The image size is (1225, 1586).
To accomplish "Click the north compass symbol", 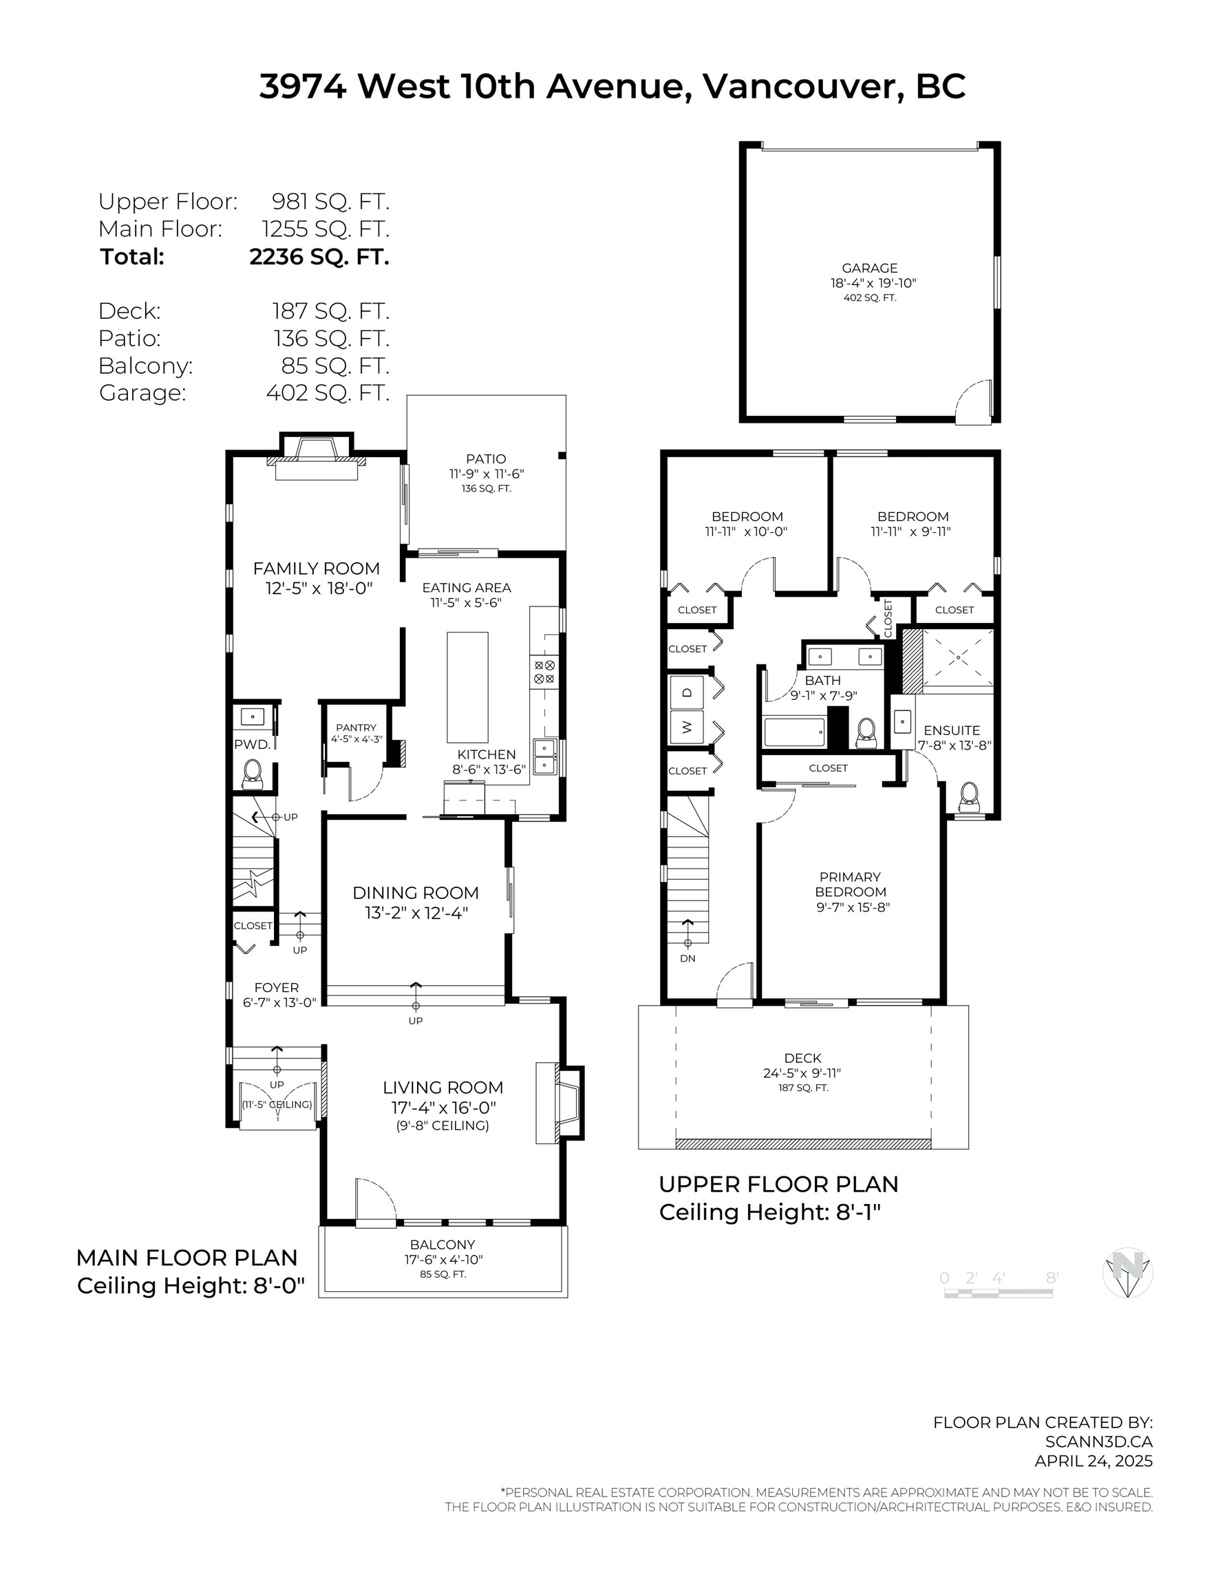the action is coord(1128,1273).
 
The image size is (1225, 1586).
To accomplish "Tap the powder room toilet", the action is coord(252,774).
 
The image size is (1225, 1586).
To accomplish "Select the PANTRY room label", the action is coord(356,728).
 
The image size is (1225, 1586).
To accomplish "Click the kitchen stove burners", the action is coord(544,672).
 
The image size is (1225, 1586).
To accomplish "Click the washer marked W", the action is coord(687,726).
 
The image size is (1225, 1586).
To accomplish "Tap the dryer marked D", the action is coord(687,692).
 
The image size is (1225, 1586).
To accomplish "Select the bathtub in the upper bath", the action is coord(794,732).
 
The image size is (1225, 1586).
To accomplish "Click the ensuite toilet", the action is coord(970,797).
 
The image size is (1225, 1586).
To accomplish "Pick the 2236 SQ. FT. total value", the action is coord(319,256).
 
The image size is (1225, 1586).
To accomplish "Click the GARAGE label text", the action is coord(870,268).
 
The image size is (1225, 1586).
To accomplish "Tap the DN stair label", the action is coord(688,958).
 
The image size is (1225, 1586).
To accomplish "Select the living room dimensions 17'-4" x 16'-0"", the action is coord(443,1108).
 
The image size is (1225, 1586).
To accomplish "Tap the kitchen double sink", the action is coord(544,757).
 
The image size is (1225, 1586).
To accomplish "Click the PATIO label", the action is coord(486,459).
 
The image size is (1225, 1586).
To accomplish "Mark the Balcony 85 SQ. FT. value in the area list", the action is coord(335,366).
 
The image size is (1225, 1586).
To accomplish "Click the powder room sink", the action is coord(253,717).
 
